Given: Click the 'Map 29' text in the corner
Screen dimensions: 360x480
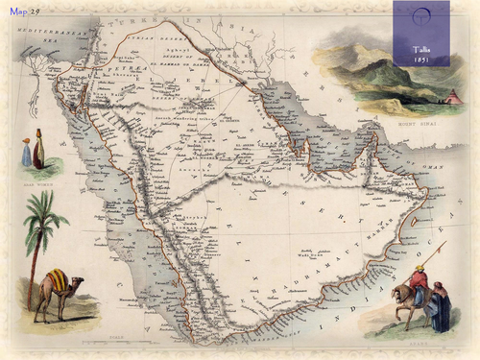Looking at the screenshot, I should tap(25, 11).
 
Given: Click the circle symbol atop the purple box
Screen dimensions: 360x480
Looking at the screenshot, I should tap(421, 15).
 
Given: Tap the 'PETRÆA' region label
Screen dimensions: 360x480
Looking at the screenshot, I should tap(118, 68).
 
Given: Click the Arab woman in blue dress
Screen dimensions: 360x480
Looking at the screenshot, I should tap(27, 153).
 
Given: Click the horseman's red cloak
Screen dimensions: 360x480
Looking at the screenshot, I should tap(420, 281).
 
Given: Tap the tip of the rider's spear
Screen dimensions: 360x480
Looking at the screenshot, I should tap(444, 244).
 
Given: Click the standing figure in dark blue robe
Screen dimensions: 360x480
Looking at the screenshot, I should tap(440, 309).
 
